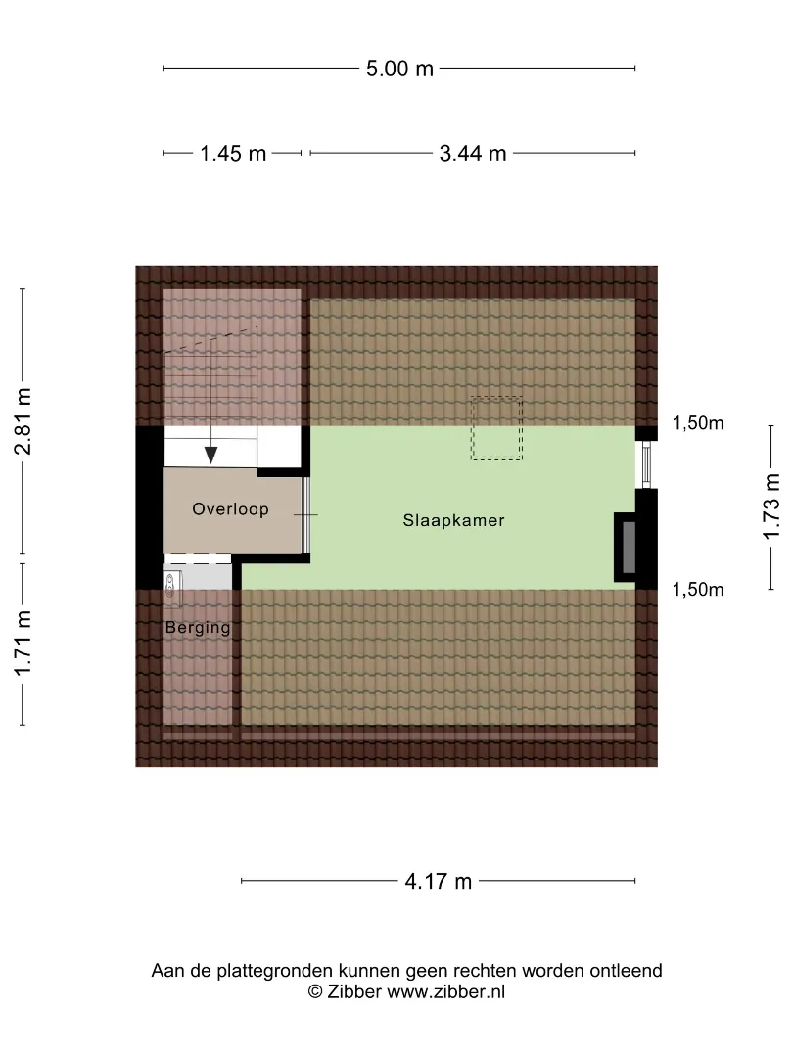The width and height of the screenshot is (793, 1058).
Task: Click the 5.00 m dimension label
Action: point(399,69)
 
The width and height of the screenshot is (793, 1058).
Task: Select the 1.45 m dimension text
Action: point(233,153)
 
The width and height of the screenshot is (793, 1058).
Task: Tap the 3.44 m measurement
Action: point(473,153)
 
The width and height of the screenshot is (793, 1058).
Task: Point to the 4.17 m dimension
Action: point(439,881)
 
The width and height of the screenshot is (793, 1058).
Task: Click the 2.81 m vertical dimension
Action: point(23,421)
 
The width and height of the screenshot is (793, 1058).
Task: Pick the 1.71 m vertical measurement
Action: point(23,643)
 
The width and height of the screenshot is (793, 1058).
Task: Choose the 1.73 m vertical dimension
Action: point(771,506)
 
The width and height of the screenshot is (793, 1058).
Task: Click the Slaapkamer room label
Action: point(454,520)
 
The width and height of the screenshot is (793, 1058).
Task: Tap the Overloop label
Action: point(231,508)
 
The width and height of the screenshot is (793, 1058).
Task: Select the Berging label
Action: point(198,628)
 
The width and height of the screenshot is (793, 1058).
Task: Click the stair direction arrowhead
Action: point(211,456)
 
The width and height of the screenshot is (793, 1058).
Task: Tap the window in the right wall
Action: point(645,465)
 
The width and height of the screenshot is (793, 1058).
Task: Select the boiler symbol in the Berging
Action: point(172,584)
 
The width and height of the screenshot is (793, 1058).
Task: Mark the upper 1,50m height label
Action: point(698,423)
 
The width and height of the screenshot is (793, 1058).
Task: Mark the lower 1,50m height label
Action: point(698,589)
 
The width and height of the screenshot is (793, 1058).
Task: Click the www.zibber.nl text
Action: point(445,991)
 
